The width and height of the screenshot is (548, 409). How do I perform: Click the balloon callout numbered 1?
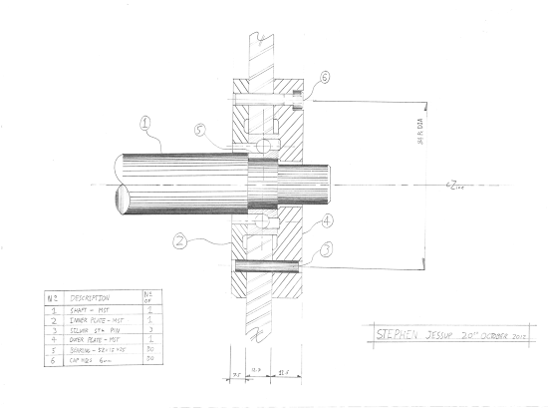(145, 125)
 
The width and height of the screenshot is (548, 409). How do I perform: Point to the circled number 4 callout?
(326, 220)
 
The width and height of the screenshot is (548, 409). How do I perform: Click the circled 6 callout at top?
(326, 78)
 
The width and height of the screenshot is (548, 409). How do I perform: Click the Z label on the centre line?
(453, 186)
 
